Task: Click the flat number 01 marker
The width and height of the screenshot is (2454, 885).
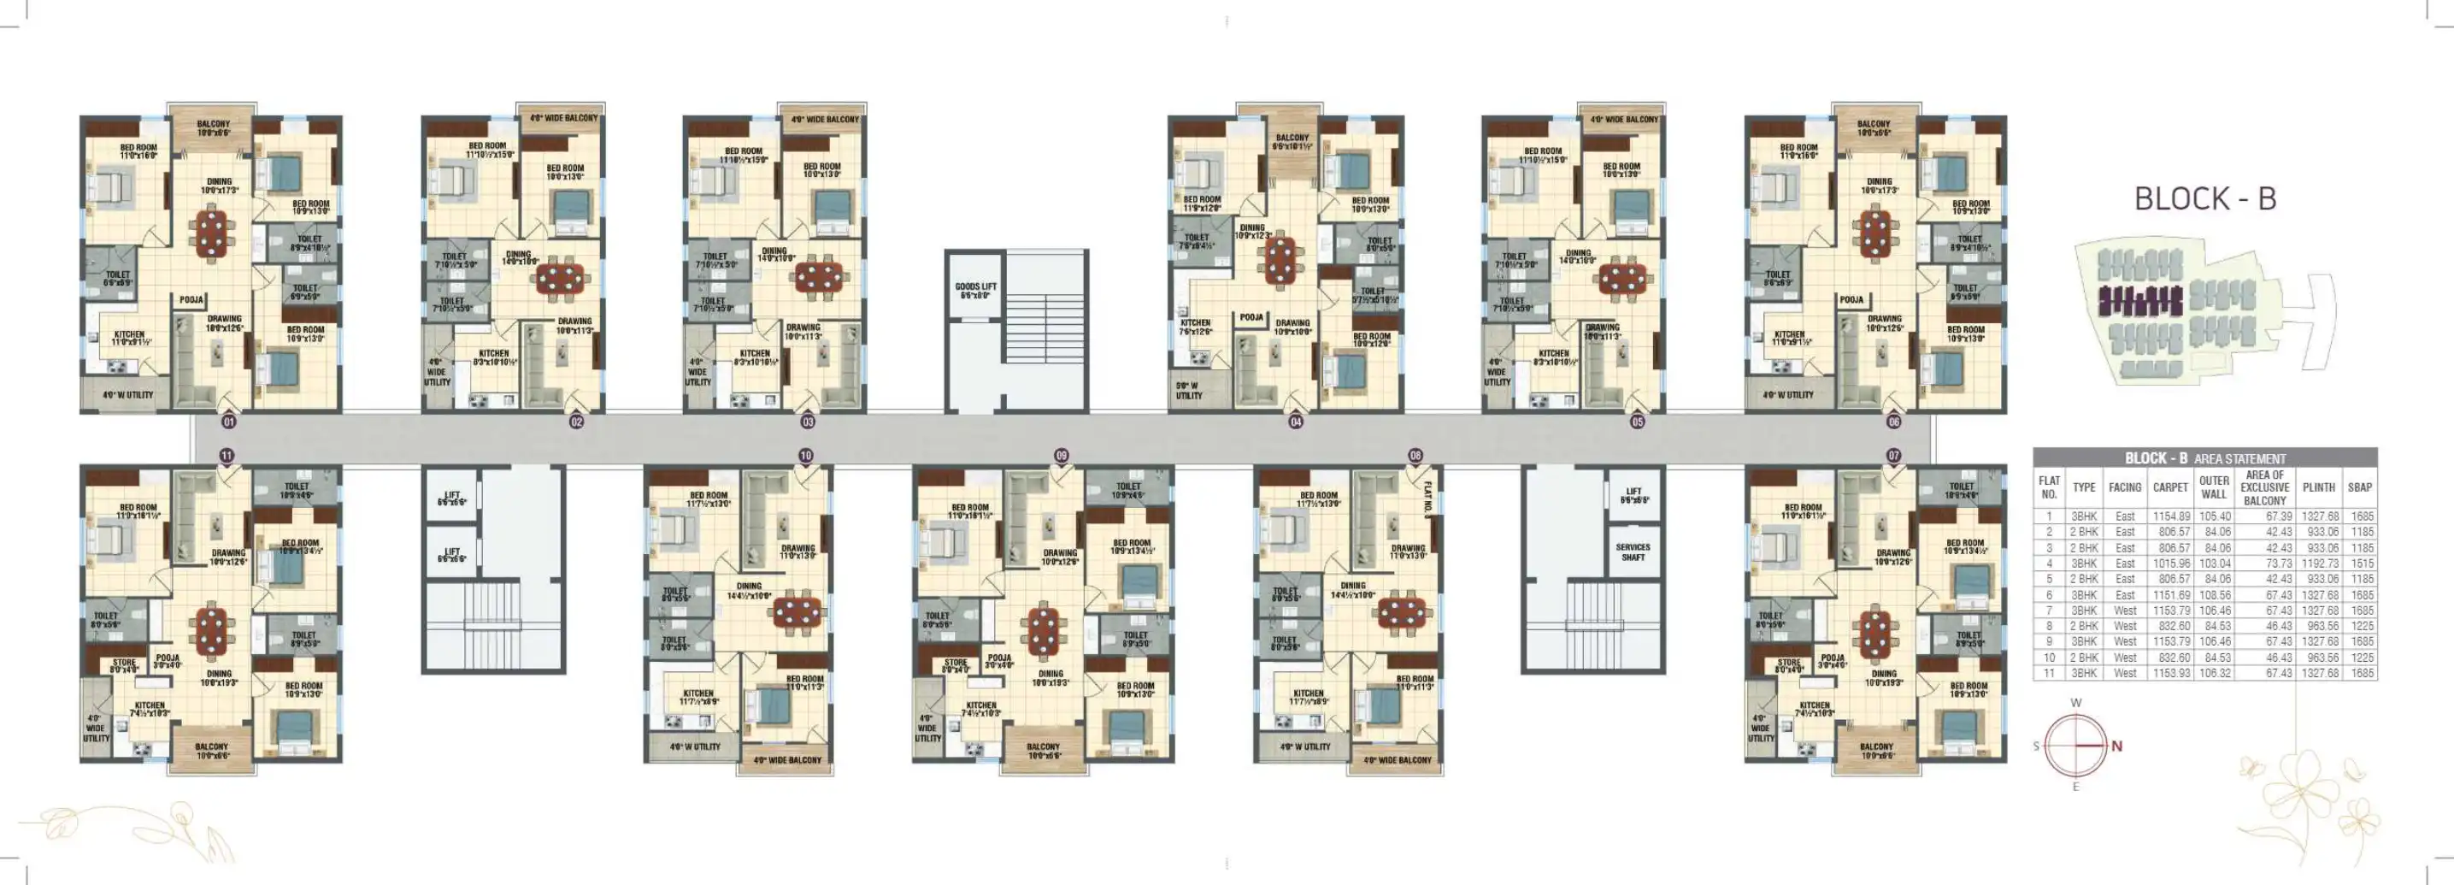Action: tap(227, 421)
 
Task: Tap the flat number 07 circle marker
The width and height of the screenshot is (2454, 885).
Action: tap(1893, 456)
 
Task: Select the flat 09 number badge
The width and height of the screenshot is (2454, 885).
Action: tap(1062, 456)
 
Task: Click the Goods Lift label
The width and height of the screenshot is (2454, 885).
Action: tap(975, 291)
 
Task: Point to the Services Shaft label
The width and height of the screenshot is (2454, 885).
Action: tap(1633, 552)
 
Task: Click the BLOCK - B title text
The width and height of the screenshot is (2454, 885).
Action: tap(2204, 198)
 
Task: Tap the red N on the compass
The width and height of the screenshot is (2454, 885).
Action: tap(2116, 746)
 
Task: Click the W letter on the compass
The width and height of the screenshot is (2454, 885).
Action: tap(2076, 702)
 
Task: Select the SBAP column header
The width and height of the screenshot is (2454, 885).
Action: tap(2360, 487)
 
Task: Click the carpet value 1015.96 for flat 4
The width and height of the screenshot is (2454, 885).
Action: tap(2170, 563)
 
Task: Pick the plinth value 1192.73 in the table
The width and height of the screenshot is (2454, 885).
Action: tap(2320, 563)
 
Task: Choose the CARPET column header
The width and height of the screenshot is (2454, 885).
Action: tap(2170, 487)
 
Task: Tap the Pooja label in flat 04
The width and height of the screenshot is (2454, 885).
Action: tap(1251, 317)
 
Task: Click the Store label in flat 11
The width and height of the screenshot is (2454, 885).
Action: tap(124, 665)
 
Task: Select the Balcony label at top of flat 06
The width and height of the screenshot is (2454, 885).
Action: tap(1873, 127)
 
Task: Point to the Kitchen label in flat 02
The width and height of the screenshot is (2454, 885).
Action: tap(493, 357)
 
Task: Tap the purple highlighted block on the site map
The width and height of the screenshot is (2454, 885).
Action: tap(2139, 302)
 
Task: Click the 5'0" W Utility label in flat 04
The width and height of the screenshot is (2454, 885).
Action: tap(1189, 390)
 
